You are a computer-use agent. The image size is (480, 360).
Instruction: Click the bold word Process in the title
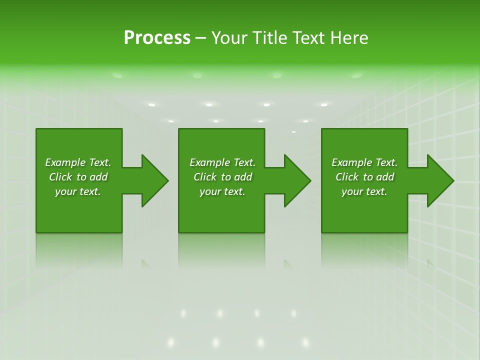point(157,38)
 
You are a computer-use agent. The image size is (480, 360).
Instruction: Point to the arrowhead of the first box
point(154,181)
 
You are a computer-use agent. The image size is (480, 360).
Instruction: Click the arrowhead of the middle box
point(297,181)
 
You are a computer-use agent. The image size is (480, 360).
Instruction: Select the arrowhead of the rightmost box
point(440,181)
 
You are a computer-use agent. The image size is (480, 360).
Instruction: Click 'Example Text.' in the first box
point(78,162)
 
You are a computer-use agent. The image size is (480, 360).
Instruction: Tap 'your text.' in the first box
point(78,191)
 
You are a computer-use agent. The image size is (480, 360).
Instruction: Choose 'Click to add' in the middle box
point(222,177)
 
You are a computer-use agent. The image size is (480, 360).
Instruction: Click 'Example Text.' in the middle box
point(222,162)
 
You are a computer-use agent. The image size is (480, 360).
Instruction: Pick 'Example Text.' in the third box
point(364,162)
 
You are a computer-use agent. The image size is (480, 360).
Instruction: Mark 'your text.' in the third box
point(364,191)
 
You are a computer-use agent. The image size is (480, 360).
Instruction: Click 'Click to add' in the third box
point(364,177)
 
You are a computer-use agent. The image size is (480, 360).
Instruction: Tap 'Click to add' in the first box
point(78,177)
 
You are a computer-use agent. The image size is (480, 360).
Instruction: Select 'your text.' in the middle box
point(222,191)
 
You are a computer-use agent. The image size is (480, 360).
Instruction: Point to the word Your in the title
point(228,38)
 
